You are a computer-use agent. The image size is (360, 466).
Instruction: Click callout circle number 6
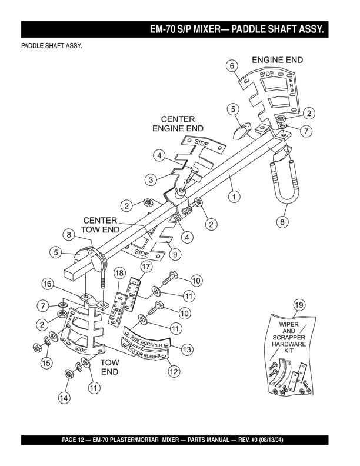coord(232,66)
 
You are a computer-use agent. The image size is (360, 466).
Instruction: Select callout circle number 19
coord(299,305)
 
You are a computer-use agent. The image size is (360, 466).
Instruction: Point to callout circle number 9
coord(175,255)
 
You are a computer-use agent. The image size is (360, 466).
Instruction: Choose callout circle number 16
coord(49,284)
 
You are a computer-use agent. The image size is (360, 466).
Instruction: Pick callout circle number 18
coord(119,273)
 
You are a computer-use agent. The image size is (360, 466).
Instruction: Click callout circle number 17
coord(145,267)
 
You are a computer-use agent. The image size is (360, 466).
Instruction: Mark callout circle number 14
coord(64,398)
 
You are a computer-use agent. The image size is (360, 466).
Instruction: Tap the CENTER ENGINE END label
coord(178,124)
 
